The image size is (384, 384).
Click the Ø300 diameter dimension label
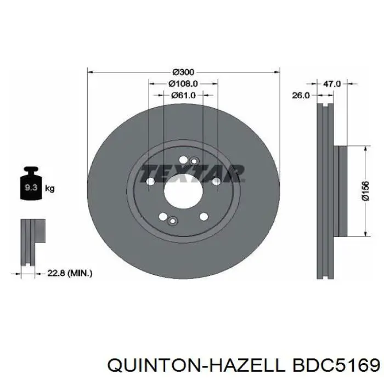coord(183,72)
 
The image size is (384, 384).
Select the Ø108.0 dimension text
coord(183,84)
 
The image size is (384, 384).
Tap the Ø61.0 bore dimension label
coord(183,95)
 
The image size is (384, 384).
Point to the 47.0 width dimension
coord(332,84)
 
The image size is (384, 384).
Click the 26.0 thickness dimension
coord(301,95)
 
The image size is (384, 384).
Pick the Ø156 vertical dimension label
coord(365,191)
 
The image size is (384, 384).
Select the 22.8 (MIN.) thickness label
coord(70,273)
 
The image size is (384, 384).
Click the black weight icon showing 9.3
coord(31,183)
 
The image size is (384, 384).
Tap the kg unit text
coord(50,189)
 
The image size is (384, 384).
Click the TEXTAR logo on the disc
coord(192,173)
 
